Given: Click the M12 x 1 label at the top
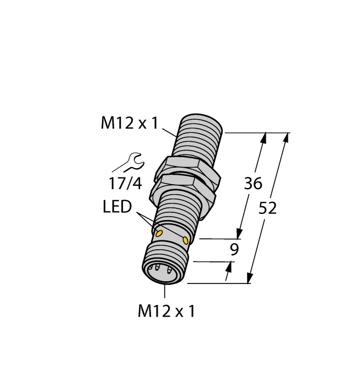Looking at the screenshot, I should [128, 124].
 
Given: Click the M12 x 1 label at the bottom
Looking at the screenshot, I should [166, 312].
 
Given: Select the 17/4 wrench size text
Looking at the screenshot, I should [125, 182].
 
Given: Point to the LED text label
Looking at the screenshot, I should [117, 208].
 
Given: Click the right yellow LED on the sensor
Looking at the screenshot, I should [186, 241].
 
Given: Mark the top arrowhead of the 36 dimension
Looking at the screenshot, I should [265, 139].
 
